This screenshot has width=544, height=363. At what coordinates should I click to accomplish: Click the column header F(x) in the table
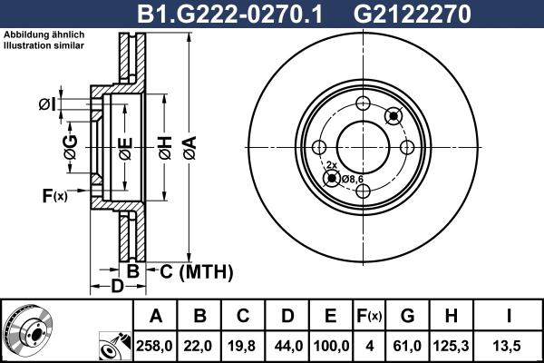click(368, 316)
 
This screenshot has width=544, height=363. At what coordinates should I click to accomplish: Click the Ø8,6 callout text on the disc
click(353, 178)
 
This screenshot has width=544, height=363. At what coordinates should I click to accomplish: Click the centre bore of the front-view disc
click(364, 146)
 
